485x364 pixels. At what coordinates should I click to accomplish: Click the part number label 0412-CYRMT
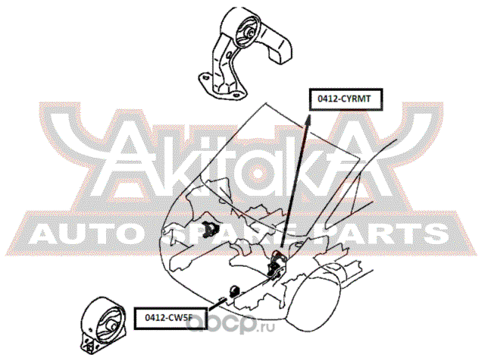click(x=345, y=98)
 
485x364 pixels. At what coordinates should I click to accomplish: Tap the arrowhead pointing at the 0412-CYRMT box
click(x=310, y=114)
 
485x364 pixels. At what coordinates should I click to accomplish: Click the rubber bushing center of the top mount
click(x=247, y=33)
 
